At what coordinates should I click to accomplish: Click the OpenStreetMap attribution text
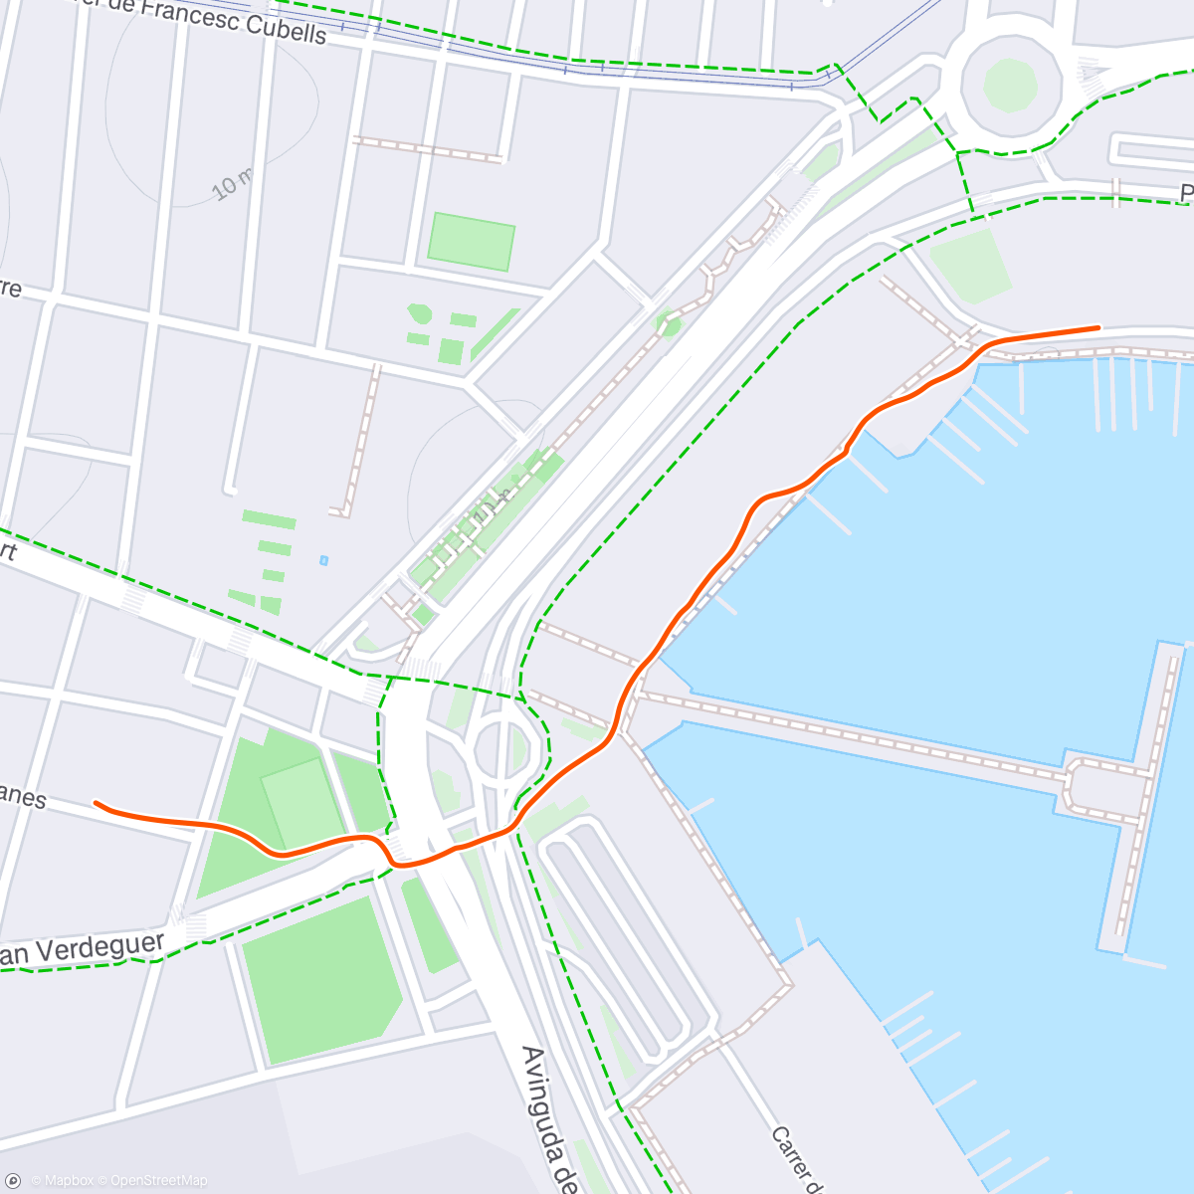pos(158,1181)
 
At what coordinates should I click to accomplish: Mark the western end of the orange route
pos(96,802)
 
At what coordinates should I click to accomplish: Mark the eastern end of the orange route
pos(1098,326)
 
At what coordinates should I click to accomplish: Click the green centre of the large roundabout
pos(1010,86)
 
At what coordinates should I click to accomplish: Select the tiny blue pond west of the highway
pos(323,561)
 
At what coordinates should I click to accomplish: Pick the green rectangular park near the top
pos(471,241)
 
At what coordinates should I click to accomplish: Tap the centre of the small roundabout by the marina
pos(500,746)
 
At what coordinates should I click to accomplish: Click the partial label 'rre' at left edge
pos(10,290)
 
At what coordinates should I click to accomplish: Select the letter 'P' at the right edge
pos(1186,192)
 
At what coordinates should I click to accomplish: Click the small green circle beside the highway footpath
pos(668,325)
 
